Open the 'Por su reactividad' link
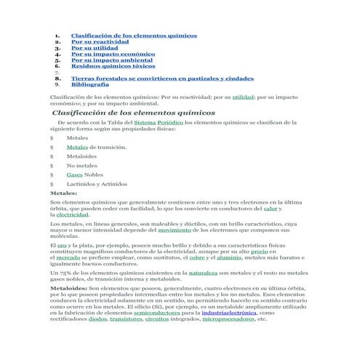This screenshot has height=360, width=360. pos(102,42)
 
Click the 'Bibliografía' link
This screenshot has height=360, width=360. pos(92,84)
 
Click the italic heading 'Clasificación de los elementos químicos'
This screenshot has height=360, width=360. pos(133,113)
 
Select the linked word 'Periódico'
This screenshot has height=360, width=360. pos(170,124)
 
